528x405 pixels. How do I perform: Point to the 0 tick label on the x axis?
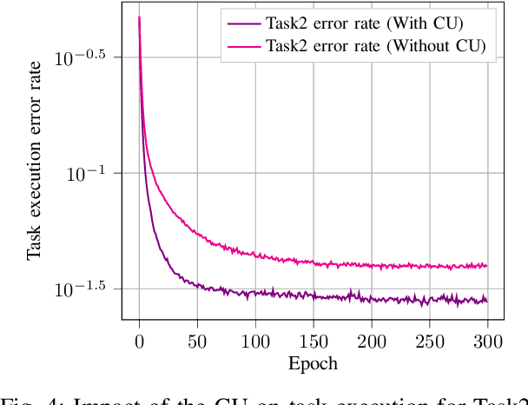point(139,341)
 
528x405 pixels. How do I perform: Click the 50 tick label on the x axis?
point(197,341)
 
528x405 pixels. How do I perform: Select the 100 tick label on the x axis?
point(255,341)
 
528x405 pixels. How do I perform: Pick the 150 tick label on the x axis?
point(313,341)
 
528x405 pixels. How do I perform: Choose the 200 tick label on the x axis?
point(372,341)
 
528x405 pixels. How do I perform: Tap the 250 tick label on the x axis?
point(430,341)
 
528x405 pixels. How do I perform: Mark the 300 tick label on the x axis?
point(488,341)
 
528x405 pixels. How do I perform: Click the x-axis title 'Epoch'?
point(313,363)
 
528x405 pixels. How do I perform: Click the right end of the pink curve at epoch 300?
point(487,265)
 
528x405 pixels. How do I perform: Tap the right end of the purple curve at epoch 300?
point(487,301)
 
